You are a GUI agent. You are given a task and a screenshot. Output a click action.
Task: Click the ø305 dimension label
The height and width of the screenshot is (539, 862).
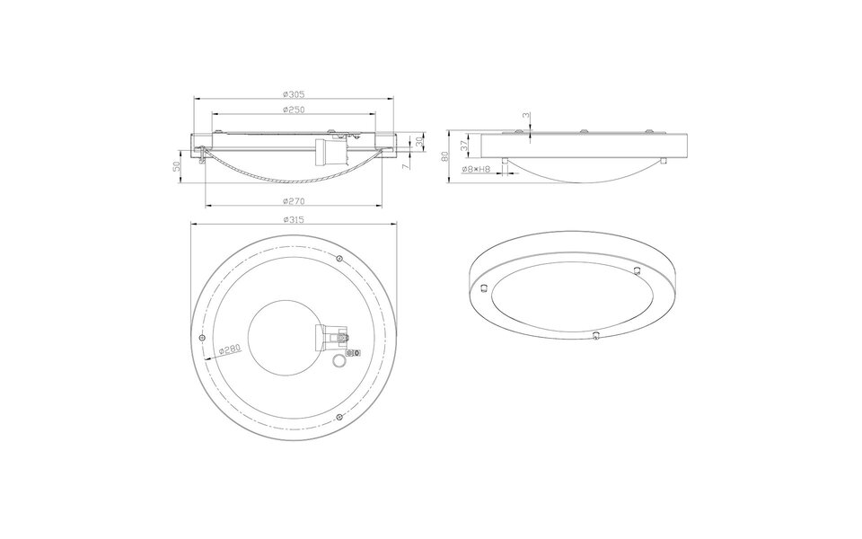(x=294, y=93)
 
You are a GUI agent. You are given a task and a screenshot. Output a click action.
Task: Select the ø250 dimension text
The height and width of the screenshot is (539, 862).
(x=294, y=110)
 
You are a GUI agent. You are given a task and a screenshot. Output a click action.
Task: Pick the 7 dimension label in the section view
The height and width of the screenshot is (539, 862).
(x=406, y=166)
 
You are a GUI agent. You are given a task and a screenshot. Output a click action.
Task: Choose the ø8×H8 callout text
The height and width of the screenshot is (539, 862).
(x=476, y=169)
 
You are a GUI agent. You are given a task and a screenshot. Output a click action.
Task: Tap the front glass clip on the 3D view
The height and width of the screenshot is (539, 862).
(x=595, y=335)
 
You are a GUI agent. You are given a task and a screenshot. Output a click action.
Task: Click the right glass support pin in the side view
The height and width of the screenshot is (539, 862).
(x=664, y=162)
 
